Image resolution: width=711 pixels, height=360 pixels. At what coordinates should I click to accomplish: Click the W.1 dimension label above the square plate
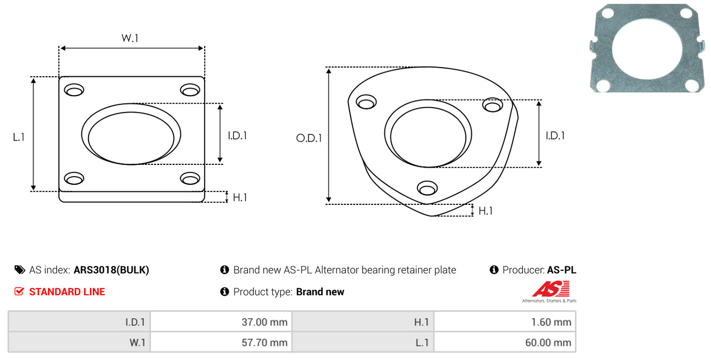point(130,38)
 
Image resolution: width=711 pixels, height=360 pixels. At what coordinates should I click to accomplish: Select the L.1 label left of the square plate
point(19,137)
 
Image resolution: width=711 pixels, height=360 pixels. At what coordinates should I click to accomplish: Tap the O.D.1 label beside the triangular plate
point(309,138)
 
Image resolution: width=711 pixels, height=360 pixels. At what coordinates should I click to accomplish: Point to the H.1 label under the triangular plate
point(486,211)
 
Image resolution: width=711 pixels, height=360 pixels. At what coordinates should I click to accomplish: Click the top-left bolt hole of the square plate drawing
point(74,90)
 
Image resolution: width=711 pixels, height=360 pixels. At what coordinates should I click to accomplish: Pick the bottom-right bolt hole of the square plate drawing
point(190,178)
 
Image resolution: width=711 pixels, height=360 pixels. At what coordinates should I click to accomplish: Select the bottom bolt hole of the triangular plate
point(427,188)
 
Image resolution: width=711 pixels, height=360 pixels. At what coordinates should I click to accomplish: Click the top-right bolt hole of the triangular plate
point(493,105)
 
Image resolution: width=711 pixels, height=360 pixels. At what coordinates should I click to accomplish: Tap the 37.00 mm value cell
point(221,322)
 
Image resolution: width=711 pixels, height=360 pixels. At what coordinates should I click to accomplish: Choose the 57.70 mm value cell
point(221,342)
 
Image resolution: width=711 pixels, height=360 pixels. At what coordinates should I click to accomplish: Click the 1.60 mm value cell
point(505,322)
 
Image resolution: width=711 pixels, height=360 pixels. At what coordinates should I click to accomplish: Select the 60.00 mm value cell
point(505,342)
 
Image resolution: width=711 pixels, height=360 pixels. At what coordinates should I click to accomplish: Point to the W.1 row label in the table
point(137,343)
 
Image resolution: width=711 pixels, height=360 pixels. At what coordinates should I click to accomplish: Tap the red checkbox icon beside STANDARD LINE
point(19,291)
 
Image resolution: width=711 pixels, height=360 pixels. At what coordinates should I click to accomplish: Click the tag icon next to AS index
point(19,270)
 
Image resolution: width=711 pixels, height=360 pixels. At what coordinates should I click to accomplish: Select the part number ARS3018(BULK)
point(111,270)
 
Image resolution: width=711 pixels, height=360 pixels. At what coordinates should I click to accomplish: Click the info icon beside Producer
point(494,270)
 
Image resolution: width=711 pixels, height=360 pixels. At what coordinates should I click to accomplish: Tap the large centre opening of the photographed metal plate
point(647,49)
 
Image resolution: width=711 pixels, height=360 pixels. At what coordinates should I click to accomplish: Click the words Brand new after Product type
point(320,292)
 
